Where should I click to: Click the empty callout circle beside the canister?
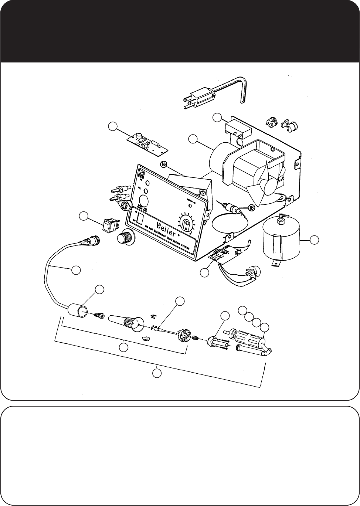click(x=314, y=240)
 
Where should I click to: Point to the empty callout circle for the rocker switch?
click(x=85, y=216)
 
